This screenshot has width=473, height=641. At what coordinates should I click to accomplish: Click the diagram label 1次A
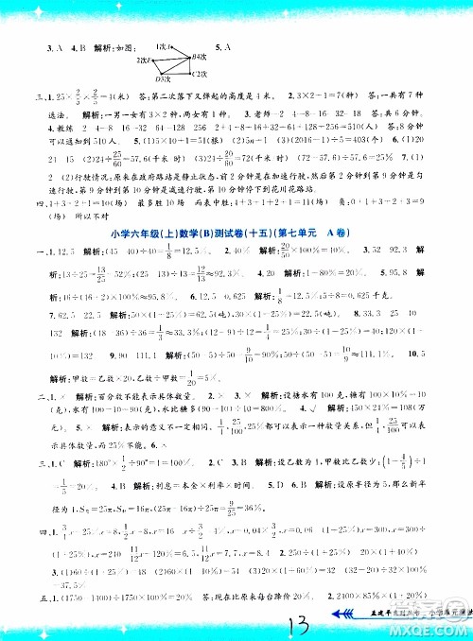162,44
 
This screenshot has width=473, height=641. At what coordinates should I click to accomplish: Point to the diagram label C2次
195,71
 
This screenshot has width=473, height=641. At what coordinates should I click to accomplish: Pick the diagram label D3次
162,78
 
